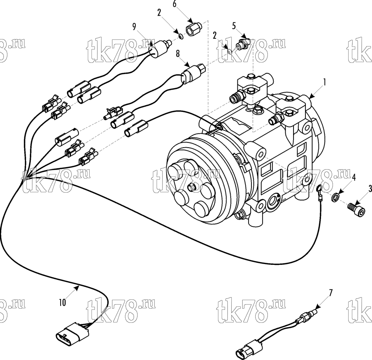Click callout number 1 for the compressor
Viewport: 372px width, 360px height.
click(324, 82)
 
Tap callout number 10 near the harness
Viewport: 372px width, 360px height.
click(62, 303)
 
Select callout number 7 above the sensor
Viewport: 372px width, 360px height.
click(331, 293)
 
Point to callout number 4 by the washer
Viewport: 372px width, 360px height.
click(354, 177)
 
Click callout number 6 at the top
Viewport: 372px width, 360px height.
click(174, 4)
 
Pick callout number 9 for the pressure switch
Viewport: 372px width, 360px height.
click(134, 27)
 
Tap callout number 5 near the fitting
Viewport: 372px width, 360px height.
click(234, 26)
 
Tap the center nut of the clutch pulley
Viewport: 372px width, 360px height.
click(192, 187)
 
